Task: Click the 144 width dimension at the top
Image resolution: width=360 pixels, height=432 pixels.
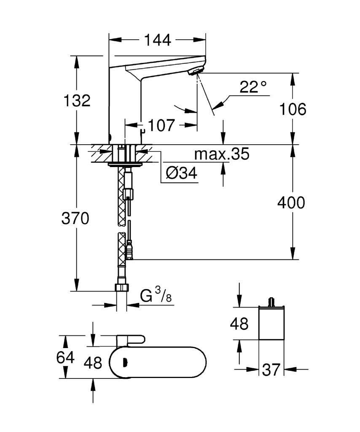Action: tap(157, 40)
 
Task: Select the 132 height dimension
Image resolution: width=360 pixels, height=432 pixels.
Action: tap(77, 100)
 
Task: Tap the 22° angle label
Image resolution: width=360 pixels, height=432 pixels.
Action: tap(253, 87)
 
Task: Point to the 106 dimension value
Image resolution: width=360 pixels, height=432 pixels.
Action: tap(293, 109)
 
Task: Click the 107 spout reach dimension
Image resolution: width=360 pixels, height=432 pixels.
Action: tap(161, 126)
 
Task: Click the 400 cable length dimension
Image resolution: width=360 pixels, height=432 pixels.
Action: tap(291, 203)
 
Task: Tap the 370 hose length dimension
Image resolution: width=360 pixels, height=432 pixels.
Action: tap(75, 219)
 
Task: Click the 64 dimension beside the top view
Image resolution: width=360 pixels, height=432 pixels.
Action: tap(65, 358)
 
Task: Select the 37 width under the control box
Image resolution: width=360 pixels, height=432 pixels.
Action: tap(271, 370)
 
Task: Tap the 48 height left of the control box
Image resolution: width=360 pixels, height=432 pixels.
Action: tap(239, 324)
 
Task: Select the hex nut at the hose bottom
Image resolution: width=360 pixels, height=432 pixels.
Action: tap(121, 288)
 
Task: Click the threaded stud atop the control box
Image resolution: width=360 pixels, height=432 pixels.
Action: tap(272, 302)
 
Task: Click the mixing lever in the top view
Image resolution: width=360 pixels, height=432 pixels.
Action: tap(130, 340)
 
